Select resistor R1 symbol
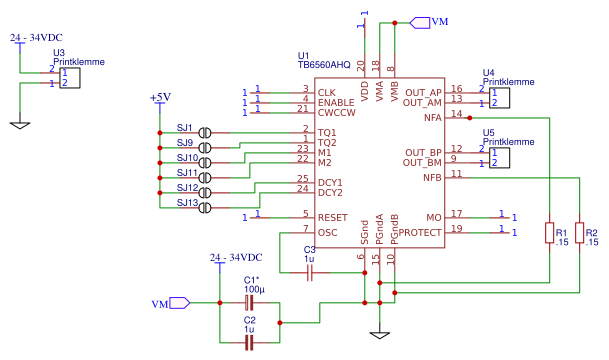tap(549, 233)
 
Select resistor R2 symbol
tap(581, 233)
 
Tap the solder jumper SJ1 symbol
tap(205, 132)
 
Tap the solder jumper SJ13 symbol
tap(205, 207)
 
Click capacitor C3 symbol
tap(310, 271)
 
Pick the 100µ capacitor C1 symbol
tap(250, 302)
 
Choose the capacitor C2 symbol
tap(250, 342)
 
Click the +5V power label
tap(159, 97)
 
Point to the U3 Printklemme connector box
tap(69, 78)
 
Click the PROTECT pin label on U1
tap(421, 232)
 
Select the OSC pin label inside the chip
tap(327, 232)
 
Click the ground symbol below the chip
tap(378, 333)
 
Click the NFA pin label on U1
tap(432, 117)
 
